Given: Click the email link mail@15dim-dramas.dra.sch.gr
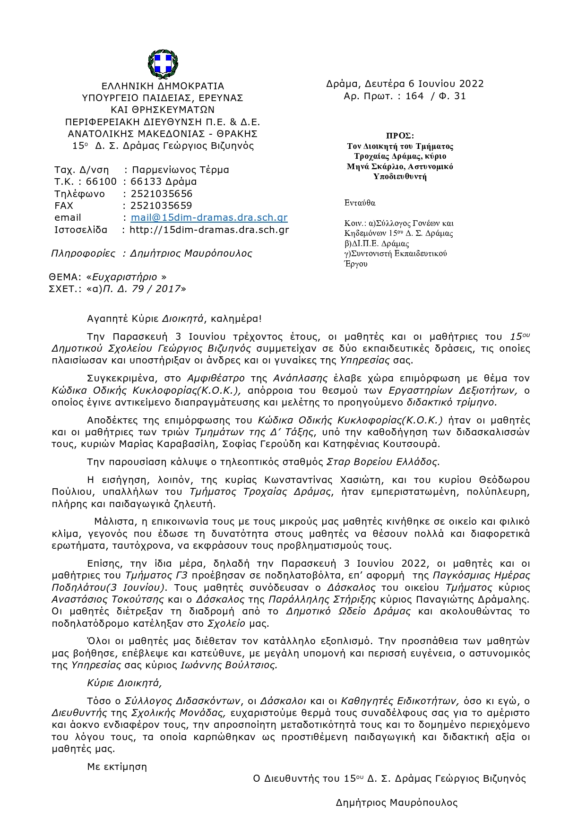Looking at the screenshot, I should (x=209, y=218).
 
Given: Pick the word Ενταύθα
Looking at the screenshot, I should (x=360, y=203).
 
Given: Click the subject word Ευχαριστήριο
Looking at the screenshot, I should (x=125, y=277).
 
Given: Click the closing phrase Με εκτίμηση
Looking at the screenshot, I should (x=117, y=767).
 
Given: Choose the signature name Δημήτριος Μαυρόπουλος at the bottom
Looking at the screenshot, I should (x=396, y=803).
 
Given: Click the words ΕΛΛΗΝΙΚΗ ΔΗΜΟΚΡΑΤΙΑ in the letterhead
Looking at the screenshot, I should (x=163, y=86).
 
